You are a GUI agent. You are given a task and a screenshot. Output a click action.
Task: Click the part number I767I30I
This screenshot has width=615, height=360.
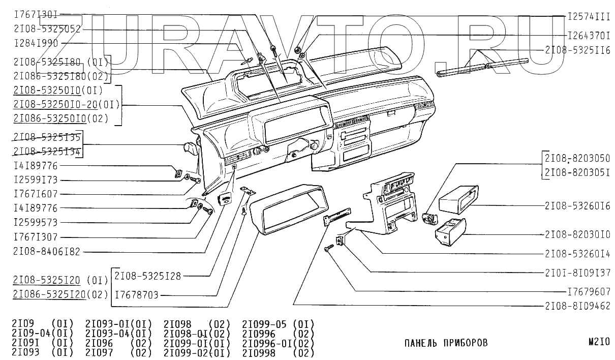pyautogui.click(x=36, y=15)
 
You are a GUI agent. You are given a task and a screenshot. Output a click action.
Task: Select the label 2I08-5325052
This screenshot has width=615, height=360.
pyautogui.click(x=47, y=29)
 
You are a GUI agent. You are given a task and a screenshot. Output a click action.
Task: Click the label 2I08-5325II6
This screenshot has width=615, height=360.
pyautogui.click(x=577, y=50)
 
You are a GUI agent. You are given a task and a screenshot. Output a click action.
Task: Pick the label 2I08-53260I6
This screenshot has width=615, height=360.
pyautogui.click(x=577, y=206)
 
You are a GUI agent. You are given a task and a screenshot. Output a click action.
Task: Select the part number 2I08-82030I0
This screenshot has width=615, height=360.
pyautogui.click(x=577, y=234)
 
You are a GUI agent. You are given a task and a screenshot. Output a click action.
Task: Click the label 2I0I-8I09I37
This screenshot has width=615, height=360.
pyautogui.click(x=577, y=272)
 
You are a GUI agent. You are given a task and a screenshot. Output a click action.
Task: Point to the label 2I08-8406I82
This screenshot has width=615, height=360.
pyautogui.click(x=47, y=251)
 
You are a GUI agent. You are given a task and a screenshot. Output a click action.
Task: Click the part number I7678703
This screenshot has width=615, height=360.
pyautogui.click(x=137, y=294)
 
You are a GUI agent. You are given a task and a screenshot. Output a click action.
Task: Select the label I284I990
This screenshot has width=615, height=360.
pyautogui.click(x=36, y=44)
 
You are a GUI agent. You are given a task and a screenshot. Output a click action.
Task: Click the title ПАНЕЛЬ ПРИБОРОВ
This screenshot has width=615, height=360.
pyautogui.click(x=446, y=343)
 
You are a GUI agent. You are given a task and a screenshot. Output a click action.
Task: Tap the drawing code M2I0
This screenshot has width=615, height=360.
pyautogui.click(x=598, y=342)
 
